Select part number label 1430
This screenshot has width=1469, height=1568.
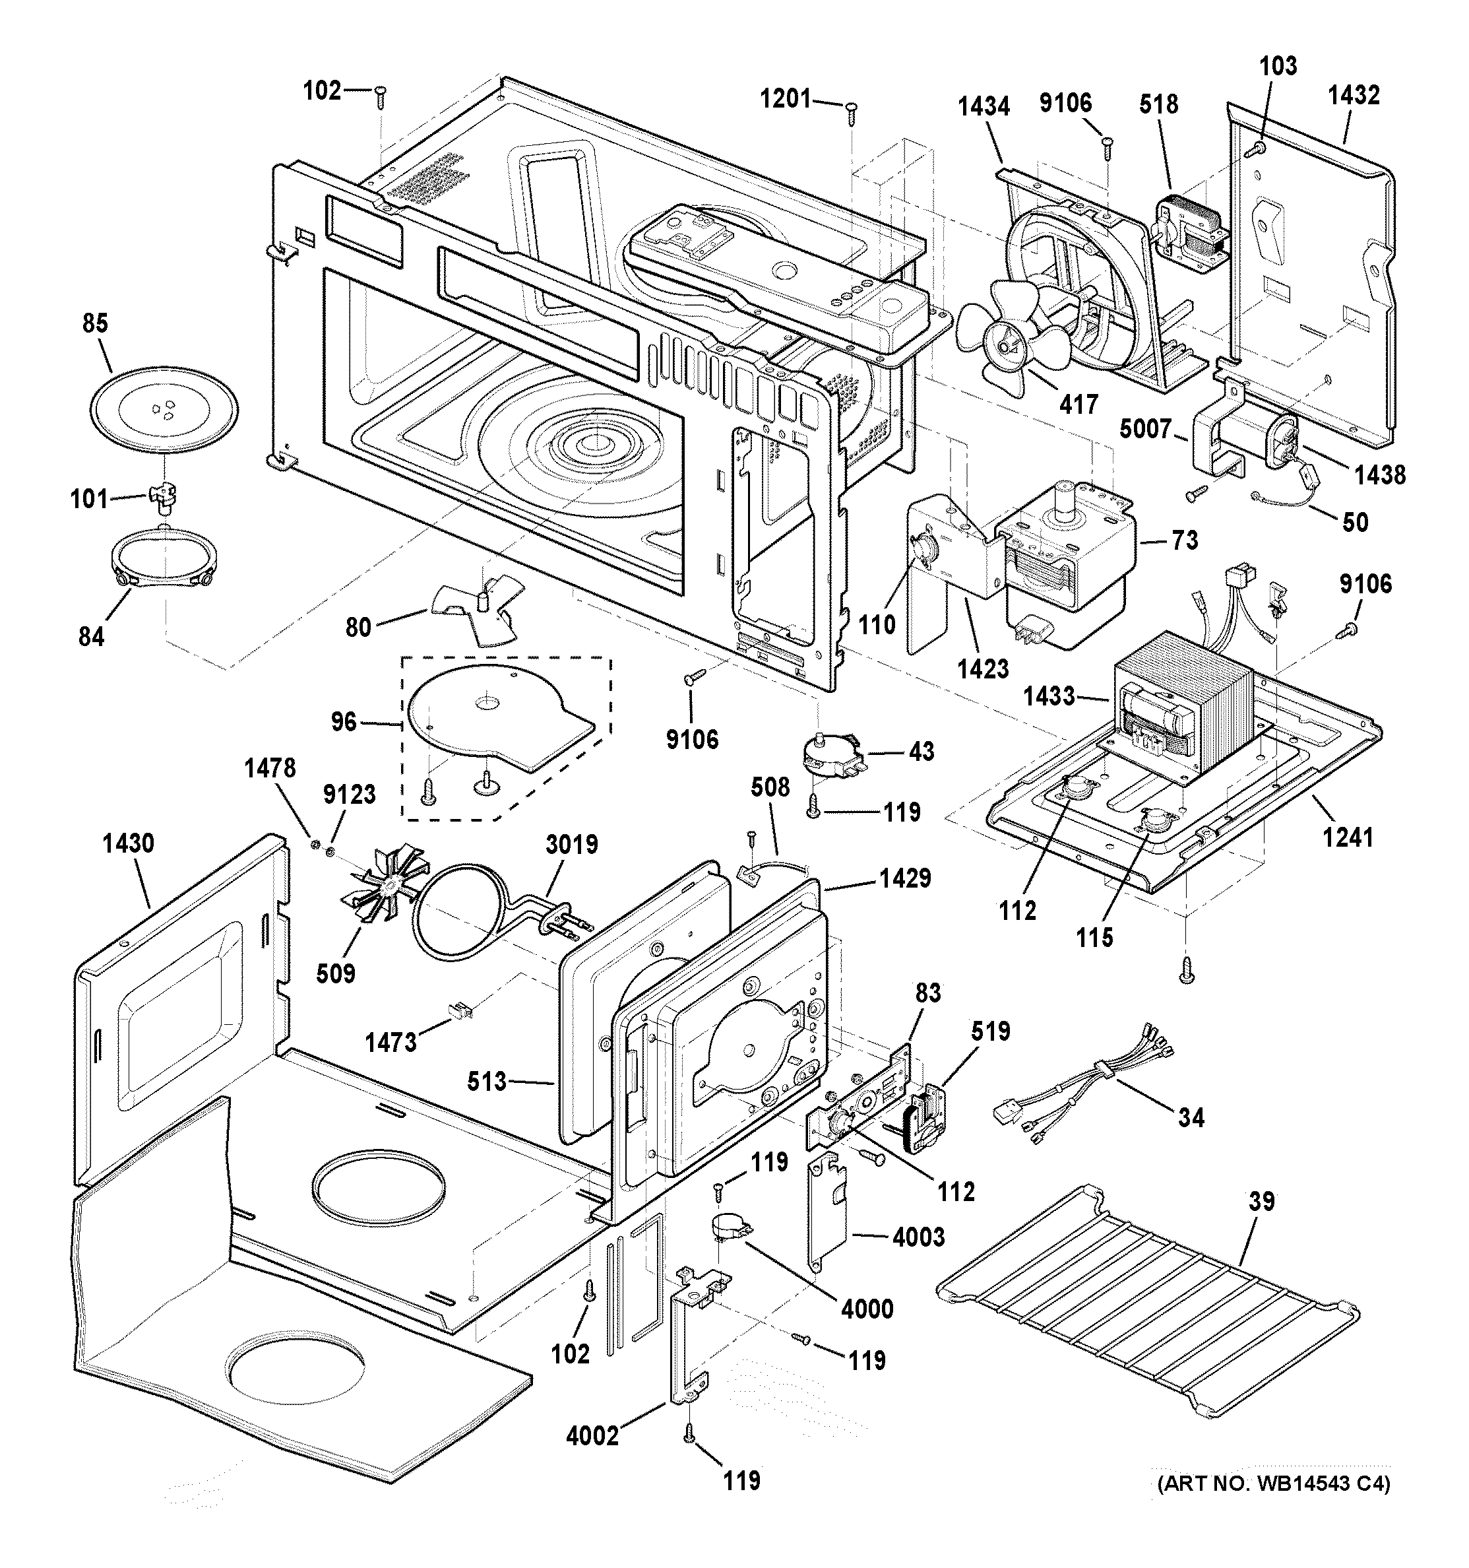click(x=128, y=843)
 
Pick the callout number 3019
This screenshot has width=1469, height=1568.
click(x=572, y=844)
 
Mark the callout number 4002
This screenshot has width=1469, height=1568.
click(x=592, y=1435)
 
